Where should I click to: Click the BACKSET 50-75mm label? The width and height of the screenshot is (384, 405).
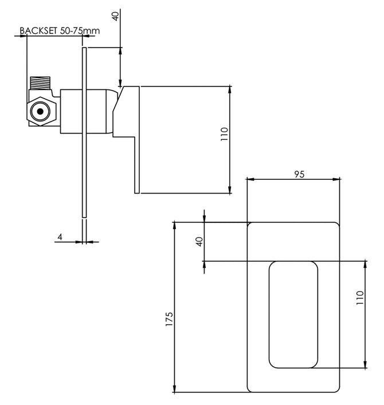coord(60,31)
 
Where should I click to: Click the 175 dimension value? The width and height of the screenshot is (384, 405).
coord(169,319)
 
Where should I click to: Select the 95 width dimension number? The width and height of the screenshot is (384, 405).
coord(299,174)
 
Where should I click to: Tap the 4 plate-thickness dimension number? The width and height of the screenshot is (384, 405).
coord(60,237)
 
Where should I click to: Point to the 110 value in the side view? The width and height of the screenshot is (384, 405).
coord(224,134)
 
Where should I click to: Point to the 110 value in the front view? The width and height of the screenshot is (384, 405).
coord(360,297)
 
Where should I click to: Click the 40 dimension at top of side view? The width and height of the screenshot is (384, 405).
coord(116,16)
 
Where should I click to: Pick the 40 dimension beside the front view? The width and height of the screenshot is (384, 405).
coord(199,242)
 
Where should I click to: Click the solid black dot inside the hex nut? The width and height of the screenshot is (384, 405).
coord(40,111)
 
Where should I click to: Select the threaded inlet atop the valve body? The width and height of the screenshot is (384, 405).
coord(40,83)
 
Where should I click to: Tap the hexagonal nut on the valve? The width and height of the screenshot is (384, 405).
coord(41,111)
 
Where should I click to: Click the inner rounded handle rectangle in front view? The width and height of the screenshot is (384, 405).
coord(293,314)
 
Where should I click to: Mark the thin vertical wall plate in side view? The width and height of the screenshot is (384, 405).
coord(84,132)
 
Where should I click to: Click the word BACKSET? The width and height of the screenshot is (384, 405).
coord(38,31)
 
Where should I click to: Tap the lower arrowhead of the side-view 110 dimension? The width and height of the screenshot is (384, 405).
coord(230,189)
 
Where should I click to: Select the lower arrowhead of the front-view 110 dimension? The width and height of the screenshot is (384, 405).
coord(365,364)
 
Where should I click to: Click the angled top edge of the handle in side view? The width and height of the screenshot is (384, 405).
coord(119,99)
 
